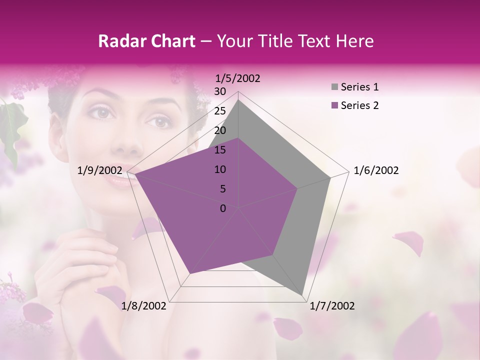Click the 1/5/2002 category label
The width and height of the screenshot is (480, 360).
[x=238, y=78]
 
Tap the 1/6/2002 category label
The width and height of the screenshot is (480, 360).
[x=376, y=170]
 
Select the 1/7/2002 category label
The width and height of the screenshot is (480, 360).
[x=332, y=306]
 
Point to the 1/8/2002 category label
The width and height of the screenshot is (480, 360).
[x=144, y=306]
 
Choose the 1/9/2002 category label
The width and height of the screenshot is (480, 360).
[x=100, y=170]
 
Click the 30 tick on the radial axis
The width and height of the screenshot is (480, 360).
[x=220, y=91]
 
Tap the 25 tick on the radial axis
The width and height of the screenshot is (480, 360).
[x=220, y=111]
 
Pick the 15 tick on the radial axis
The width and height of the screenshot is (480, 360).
[x=220, y=150]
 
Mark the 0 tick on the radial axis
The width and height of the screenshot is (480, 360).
[x=223, y=208]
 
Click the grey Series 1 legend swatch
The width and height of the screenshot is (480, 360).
[x=334, y=87]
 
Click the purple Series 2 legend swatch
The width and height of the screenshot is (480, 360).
[x=334, y=105]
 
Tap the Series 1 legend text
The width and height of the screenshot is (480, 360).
[x=359, y=87]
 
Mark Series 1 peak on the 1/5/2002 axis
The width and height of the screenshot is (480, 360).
[x=238, y=99]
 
